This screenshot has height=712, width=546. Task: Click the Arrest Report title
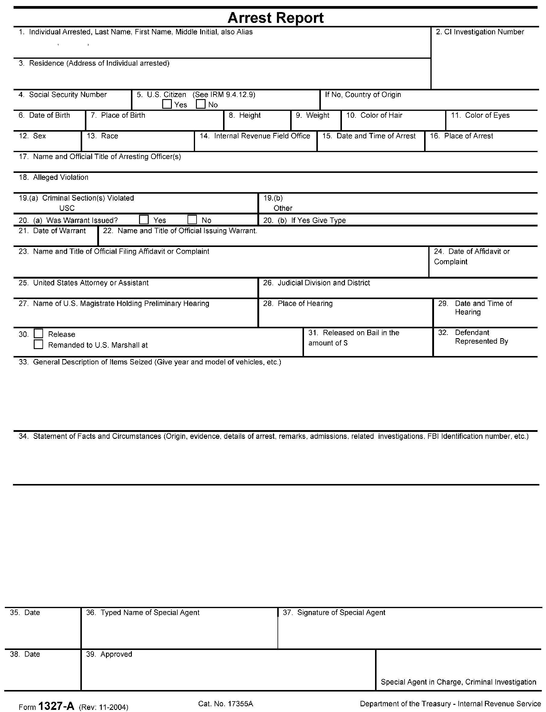coord(276,18)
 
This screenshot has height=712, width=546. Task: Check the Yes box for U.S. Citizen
coord(167,104)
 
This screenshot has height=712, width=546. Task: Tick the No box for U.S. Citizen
coord(201,104)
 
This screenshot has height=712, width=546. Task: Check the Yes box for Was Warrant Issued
coord(144,220)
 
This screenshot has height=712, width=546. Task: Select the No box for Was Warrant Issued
coord(192,220)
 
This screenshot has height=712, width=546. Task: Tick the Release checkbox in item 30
coord(38,334)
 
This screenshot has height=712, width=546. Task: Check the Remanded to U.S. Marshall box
coord(38,345)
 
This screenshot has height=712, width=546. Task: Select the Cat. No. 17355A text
coord(225,701)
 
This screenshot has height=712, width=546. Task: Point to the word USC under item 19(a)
coord(67,208)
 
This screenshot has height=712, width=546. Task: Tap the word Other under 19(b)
coord(283,208)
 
